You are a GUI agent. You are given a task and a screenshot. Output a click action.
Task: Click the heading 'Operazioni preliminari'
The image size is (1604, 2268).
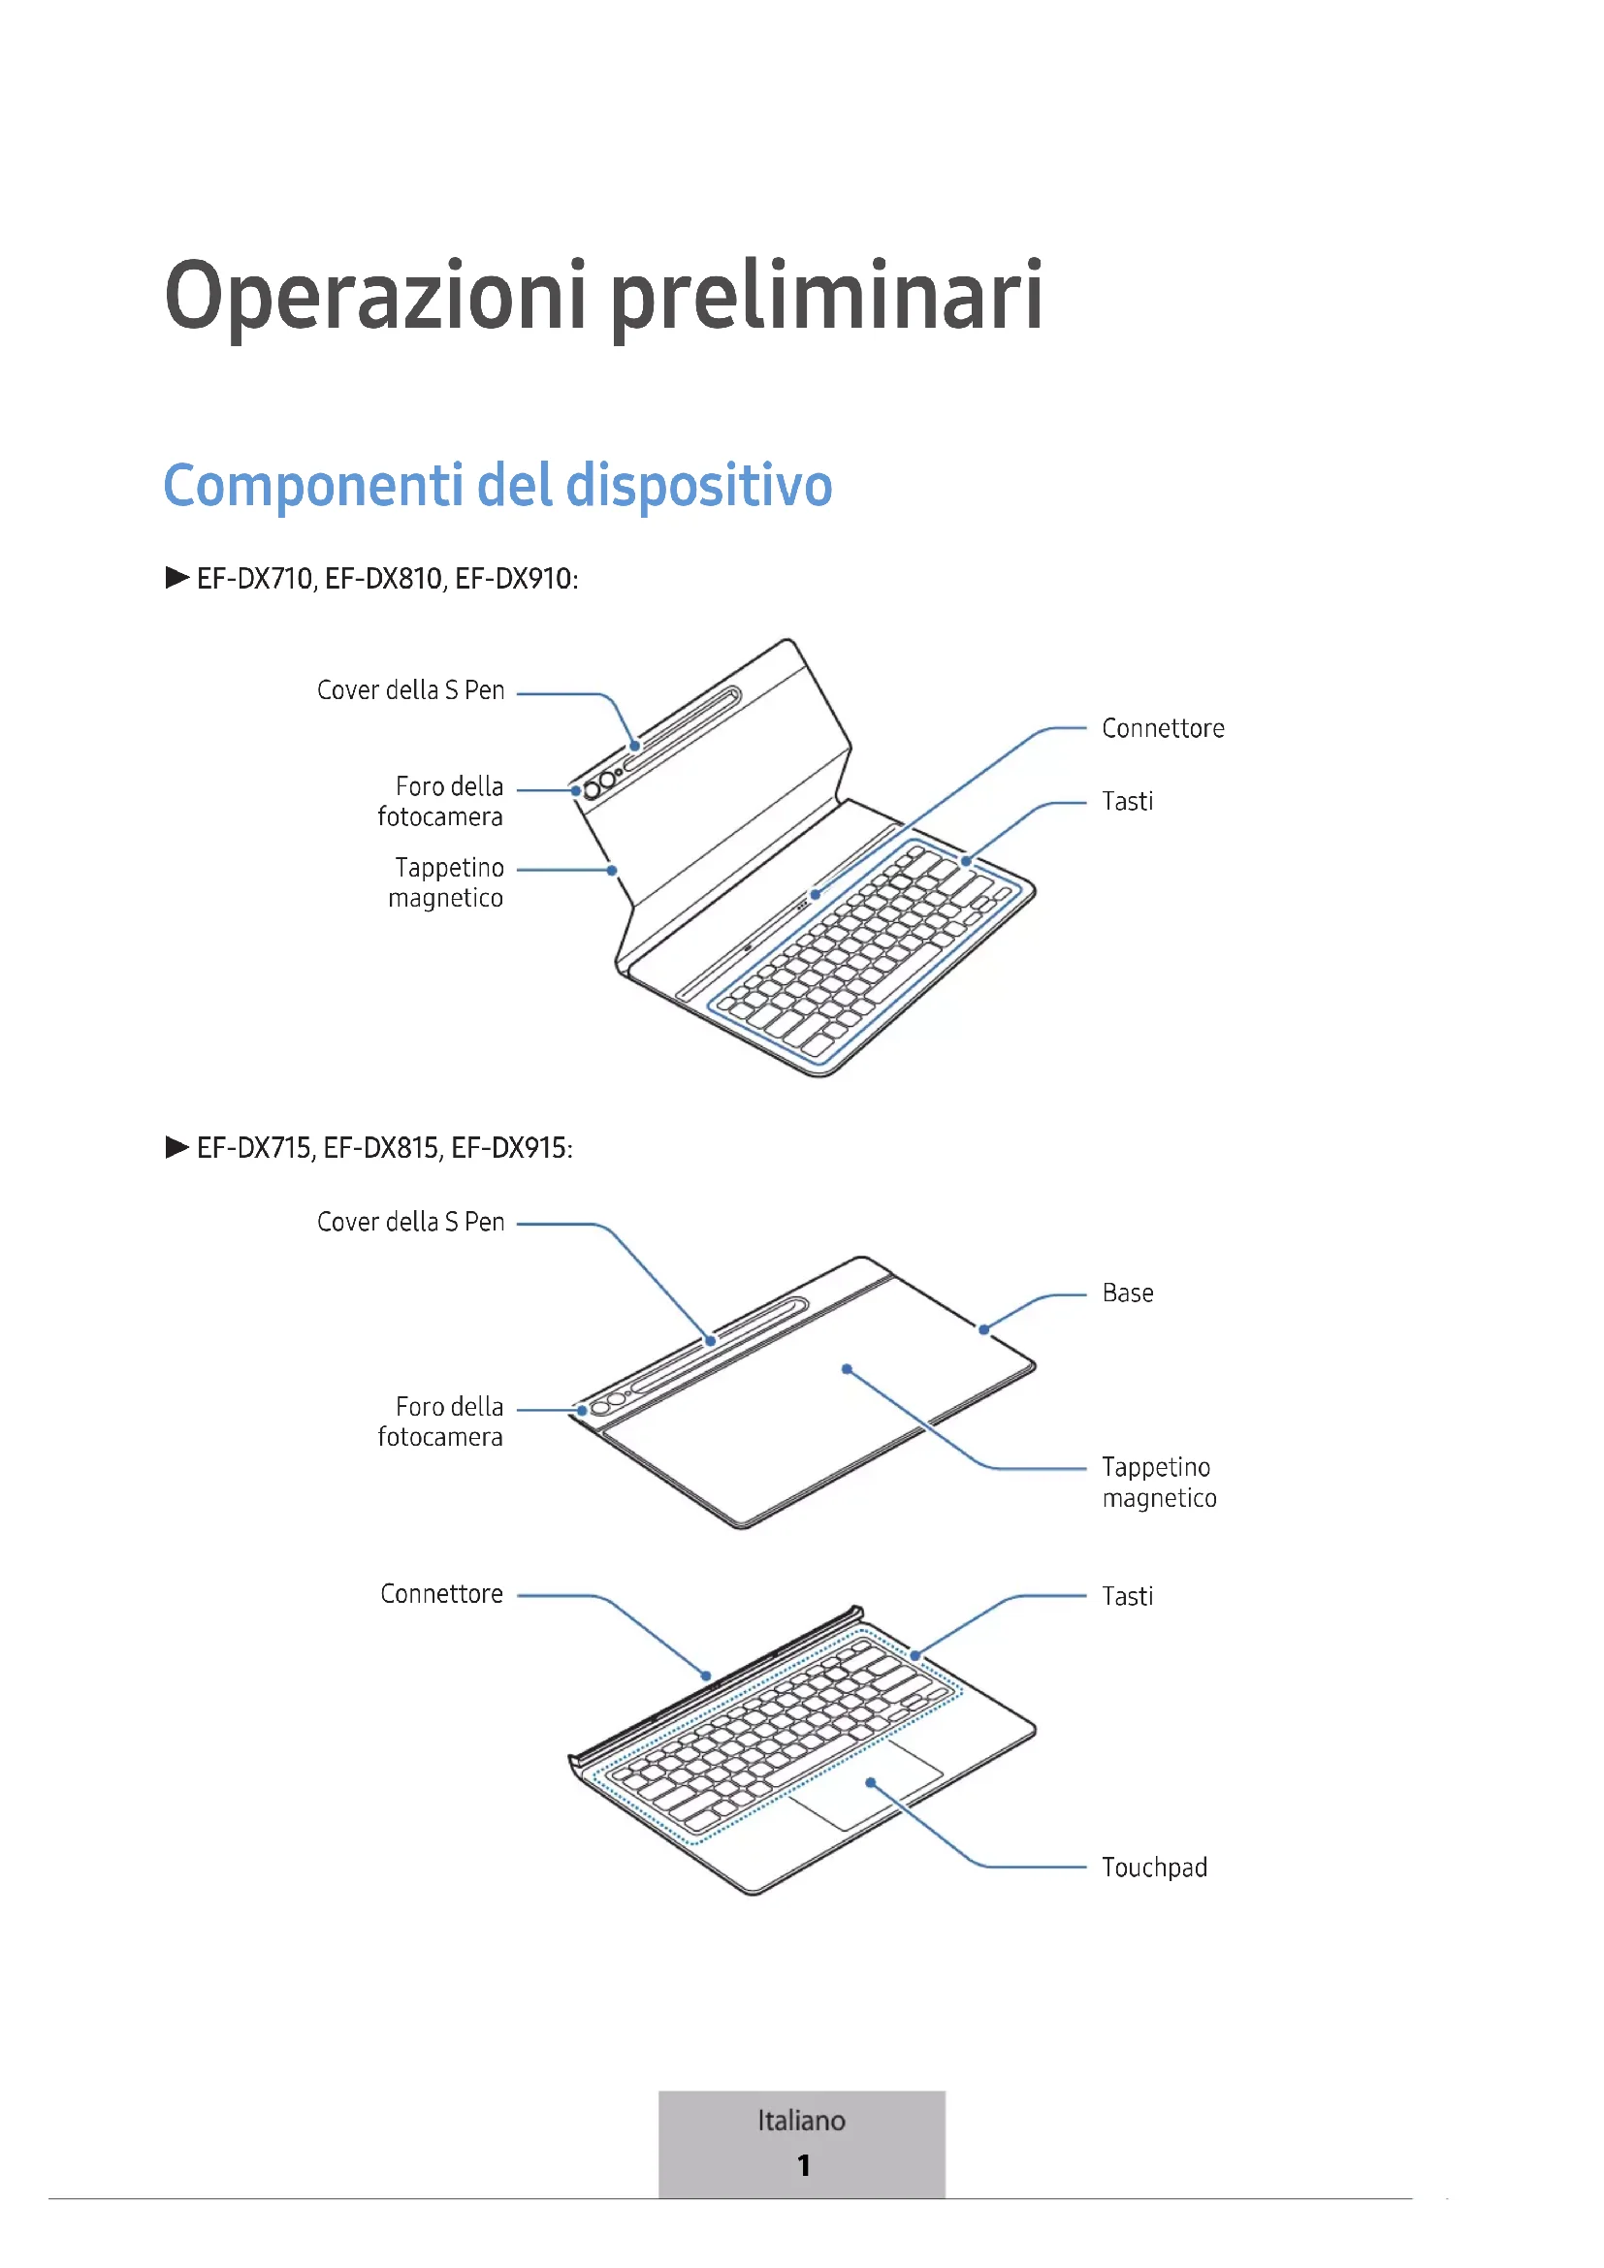pyautogui.click(x=602, y=297)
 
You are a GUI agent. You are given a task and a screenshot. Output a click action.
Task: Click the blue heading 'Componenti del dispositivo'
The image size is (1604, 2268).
pyautogui.click(x=497, y=486)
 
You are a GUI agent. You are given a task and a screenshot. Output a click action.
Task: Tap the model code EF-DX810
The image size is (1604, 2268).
pyautogui.click(x=383, y=579)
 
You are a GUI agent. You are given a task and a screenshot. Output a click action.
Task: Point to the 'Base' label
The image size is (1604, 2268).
pyautogui.click(x=1127, y=1294)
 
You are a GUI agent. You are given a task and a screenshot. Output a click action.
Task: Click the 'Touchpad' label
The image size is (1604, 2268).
pyautogui.click(x=1154, y=1868)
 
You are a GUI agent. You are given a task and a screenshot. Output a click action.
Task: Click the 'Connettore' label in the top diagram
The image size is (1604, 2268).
pyautogui.click(x=1163, y=729)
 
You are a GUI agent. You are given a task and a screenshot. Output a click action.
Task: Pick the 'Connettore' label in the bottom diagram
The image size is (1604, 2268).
pyautogui.click(x=441, y=1594)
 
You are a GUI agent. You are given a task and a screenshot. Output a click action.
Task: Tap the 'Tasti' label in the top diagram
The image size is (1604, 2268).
pyautogui.click(x=1127, y=801)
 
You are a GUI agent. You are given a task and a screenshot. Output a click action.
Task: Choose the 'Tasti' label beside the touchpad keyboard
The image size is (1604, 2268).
pyautogui.click(x=1127, y=1596)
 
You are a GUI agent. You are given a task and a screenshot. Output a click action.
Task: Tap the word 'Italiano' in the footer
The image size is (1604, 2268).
pyautogui.click(x=801, y=2121)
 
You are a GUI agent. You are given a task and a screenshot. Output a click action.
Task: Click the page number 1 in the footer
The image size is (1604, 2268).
pyautogui.click(x=804, y=2165)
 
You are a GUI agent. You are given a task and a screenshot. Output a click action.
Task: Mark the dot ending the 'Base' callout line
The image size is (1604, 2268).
pyautogui.click(x=983, y=1329)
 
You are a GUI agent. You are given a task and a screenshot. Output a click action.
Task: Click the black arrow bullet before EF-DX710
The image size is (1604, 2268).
pyautogui.click(x=176, y=578)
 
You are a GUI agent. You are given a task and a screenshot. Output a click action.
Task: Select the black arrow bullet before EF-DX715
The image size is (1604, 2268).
pyautogui.click(x=176, y=1147)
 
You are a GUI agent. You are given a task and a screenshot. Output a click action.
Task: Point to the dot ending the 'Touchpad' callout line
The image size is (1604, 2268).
pyautogui.click(x=870, y=1783)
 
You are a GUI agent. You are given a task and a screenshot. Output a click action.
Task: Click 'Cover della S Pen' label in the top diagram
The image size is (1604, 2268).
pyautogui.click(x=410, y=690)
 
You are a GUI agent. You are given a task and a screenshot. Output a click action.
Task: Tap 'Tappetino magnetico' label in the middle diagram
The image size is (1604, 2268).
pyautogui.click(x=1159, y=1483)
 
